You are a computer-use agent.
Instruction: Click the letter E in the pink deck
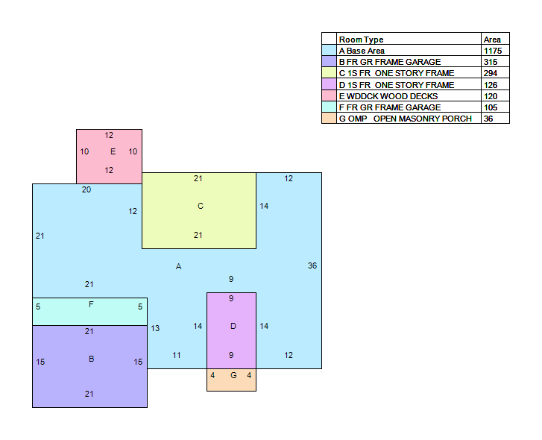point(113,151)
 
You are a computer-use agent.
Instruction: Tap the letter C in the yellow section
point(201,206)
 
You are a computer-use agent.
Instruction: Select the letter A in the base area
point(178,266)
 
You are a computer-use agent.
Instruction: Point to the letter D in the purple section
point(233,326)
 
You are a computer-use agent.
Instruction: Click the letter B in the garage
point(91,359)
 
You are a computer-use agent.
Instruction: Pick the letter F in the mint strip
point(91,304)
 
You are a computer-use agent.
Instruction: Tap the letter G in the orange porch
point(233,375)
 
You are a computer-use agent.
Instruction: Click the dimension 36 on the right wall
point(312,265)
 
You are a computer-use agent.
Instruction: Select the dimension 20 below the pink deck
point(86,189)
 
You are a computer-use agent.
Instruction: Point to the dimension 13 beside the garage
point(155,328)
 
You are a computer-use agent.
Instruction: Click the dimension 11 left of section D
point(177,355)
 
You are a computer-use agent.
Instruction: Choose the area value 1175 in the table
point(493,51)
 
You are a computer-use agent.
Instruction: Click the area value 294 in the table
point(491,73)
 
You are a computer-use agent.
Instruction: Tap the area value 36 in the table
point(488,119)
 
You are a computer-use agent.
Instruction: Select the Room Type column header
point(362,40)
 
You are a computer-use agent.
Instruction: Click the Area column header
point(492,40)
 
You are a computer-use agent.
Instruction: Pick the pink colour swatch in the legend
point(329,95)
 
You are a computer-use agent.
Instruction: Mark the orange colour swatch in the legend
point(329,119)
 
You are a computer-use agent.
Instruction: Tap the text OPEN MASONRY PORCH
point(423,119)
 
